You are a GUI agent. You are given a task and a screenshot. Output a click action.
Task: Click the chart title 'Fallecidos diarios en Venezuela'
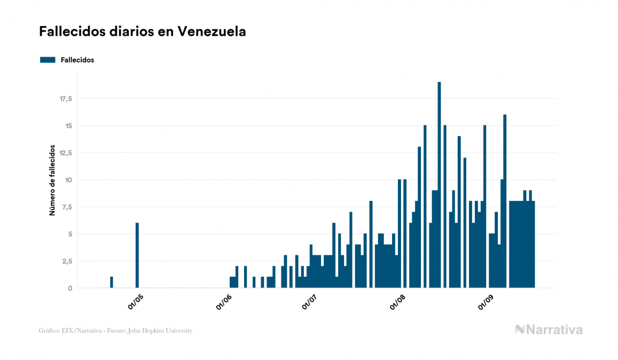(x=142, y=32)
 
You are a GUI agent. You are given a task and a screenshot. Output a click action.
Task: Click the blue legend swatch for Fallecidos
(x=48, y=60)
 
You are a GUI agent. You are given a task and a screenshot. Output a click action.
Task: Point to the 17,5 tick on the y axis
(x=66, y=99)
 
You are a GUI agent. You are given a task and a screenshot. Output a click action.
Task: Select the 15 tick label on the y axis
(x=68, y=126)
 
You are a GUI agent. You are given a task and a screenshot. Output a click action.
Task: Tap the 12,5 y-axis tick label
(x=66, y=153)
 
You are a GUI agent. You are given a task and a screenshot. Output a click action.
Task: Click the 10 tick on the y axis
(x=68, y=180)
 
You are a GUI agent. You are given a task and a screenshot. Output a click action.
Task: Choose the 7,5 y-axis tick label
(x=67, y=207)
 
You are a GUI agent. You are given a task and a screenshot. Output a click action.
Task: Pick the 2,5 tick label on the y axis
(x=67, y=261)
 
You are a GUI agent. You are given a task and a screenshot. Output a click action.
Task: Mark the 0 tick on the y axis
(x=70, y=288)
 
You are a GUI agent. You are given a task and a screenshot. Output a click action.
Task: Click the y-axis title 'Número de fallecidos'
(x=52, y=180)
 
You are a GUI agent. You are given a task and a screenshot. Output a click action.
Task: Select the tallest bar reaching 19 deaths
(x=439, y=185)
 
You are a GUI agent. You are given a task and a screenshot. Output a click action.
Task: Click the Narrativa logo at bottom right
(x=549, y=330)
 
